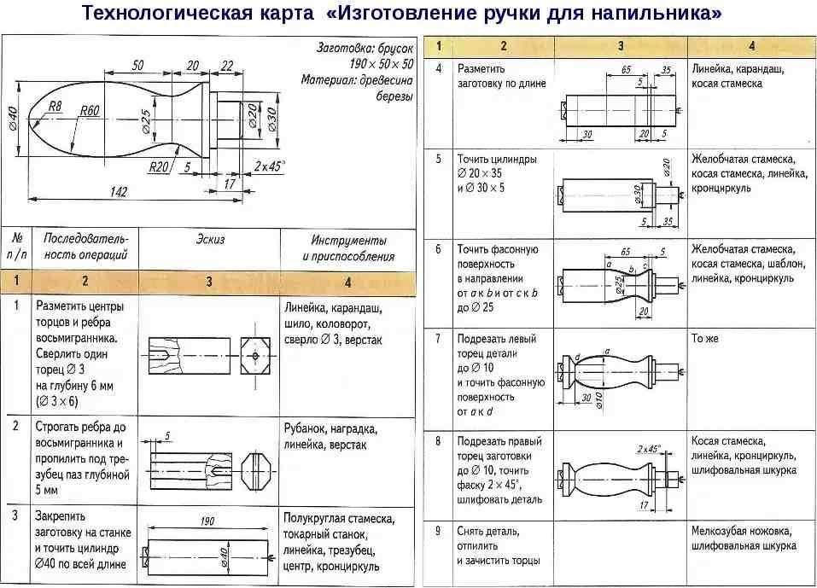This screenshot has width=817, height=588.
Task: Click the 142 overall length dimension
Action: point(118,192)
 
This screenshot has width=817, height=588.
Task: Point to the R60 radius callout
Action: point(90,111)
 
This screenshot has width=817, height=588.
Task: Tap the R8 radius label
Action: point(55,106)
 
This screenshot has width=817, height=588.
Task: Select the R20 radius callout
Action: point(159,166)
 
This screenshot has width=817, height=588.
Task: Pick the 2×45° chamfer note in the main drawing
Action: point(270,165)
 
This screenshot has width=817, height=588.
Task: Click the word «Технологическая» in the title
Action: point(154,15)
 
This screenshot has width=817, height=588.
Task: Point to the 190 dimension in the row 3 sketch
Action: point(206,521)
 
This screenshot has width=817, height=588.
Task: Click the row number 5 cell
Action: point(438,159)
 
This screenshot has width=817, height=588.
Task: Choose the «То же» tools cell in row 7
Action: point(704,339)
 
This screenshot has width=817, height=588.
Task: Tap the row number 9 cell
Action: point(438,531)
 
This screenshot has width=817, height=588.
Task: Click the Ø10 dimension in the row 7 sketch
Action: point(598,399)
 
